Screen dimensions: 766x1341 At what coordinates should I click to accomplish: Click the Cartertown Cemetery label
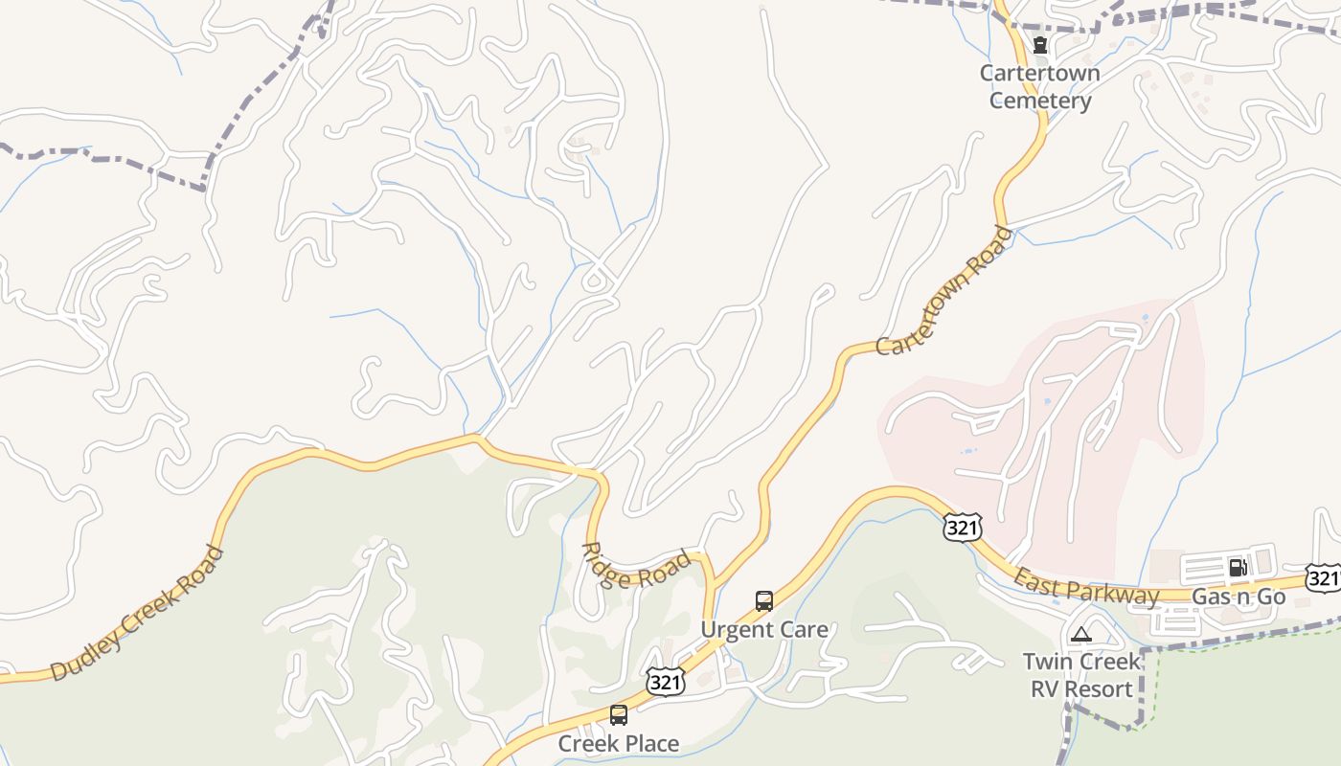pos(1039,87)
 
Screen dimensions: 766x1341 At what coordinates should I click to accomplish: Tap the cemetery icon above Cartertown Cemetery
pos(1039,45)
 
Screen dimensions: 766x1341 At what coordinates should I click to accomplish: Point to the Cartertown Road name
pos(943,292)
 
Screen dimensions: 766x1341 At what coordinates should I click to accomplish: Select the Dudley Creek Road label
pos(137,613)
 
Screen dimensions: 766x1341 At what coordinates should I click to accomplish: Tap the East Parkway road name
pos(1086,586)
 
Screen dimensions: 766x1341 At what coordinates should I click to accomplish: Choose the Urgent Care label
pos(764,630)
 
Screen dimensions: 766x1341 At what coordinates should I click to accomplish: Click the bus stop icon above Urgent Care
pos(764,601)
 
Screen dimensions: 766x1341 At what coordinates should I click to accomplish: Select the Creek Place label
pos(618,743)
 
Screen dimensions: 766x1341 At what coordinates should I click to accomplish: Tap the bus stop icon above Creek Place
pos(619,714)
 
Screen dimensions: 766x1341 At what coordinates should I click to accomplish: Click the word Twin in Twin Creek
pos(1046,662)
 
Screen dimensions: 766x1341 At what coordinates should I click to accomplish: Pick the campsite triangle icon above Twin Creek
pos(1081,633)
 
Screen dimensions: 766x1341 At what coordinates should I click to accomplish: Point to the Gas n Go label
pos(1238,597)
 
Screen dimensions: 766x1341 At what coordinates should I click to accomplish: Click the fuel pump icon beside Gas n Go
pos(1238,568)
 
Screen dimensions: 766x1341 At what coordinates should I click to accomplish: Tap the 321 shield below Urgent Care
pos(665,682)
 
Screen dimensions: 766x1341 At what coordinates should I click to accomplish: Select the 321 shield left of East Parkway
pos(962,527)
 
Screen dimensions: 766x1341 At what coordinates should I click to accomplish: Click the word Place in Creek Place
pos(649,743)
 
